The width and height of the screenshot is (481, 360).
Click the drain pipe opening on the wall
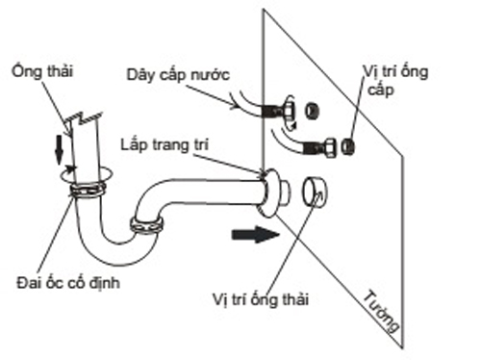point(314,192)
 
